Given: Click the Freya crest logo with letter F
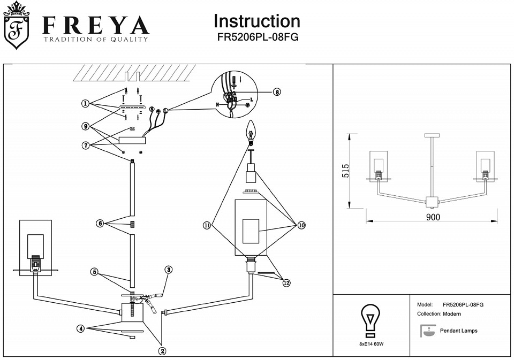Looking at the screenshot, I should pos(17,26).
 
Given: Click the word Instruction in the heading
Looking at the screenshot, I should pos(256,21).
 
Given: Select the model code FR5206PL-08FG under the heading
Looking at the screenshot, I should pos(257,38).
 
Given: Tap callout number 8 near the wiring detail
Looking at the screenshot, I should pos(277,92).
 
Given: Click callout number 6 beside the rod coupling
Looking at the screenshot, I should pos(100,224).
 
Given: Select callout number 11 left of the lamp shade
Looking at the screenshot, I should pos(207,226).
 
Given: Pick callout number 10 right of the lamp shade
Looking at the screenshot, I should pos(301,226).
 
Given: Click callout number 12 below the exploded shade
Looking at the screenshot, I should pos(286,283).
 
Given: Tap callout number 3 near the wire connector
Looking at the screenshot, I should pos(168,270).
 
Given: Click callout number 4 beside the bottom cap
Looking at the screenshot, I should pos(81,328).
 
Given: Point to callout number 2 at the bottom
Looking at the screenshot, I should pos(162,351).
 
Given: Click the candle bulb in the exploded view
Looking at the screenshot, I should pos(250,131).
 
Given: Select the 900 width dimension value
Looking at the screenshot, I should pos(433,217).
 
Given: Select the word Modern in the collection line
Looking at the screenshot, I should pos(454,314).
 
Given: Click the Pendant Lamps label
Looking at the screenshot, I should pos(458,331).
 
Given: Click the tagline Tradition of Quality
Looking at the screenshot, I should pos(96,40).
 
